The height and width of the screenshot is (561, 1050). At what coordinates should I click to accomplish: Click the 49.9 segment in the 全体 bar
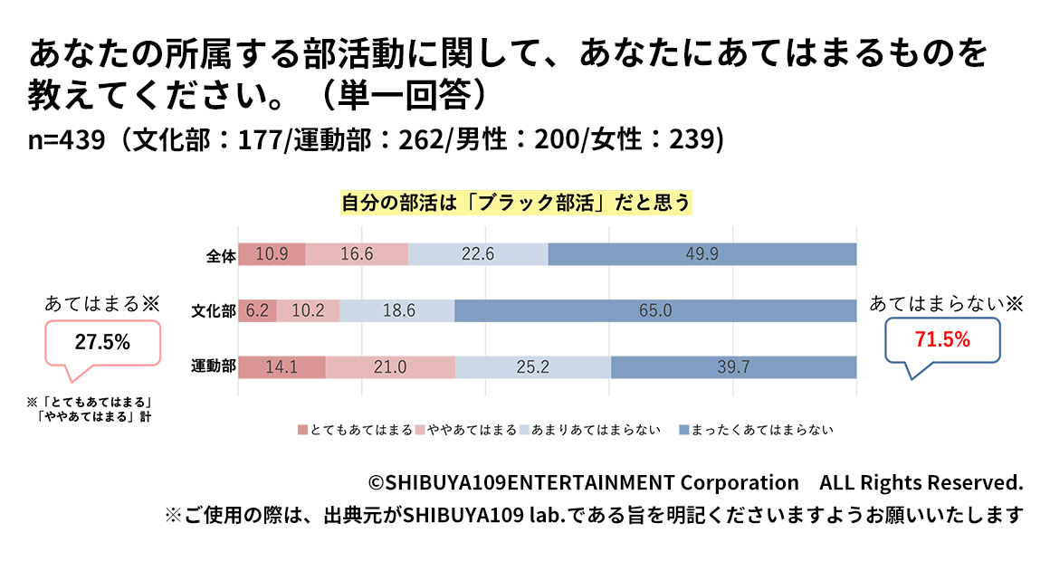702,254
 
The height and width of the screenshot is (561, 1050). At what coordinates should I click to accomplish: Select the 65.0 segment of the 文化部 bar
655,310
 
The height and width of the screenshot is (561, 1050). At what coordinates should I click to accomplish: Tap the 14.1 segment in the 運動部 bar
282,367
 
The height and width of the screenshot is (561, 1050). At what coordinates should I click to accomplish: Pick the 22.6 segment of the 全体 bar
478,254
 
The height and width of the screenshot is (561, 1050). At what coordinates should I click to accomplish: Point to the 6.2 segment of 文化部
257,310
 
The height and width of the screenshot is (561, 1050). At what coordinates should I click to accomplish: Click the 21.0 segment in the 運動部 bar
390,367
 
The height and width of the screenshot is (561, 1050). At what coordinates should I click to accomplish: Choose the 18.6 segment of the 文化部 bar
397,310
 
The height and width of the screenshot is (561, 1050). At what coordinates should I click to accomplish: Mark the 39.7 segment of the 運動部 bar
734,367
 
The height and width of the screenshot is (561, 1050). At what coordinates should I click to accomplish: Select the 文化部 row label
214,311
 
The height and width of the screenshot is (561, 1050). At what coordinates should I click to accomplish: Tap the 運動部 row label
214,367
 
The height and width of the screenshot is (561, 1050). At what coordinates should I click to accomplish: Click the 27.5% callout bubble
101,343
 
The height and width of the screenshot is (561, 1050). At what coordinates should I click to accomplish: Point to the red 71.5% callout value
943,340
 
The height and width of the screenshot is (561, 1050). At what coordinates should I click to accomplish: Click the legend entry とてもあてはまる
356,430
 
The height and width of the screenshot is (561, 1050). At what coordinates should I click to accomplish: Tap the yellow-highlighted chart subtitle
516,203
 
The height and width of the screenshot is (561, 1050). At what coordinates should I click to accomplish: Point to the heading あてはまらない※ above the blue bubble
946,304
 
